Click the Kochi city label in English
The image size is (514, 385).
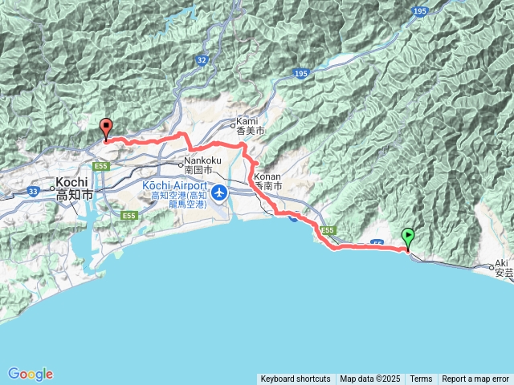tap(71, 183)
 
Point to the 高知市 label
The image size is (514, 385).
tap(75, 195)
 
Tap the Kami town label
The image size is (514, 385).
tap(246, 122)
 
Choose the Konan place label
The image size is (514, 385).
tap(267, 176)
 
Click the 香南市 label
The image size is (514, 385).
tap(268, 185)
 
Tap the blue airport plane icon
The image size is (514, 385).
tap(219, 194)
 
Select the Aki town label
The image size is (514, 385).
tap(503, 263)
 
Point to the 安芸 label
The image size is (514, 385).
tap(504, 273)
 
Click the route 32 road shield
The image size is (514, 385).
tap(201, 60)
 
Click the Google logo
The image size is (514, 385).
tap(30, 374)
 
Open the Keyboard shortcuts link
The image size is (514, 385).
tap(295, 379)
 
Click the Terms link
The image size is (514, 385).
tap(421, 379)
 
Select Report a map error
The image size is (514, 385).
tap(475, 379)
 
